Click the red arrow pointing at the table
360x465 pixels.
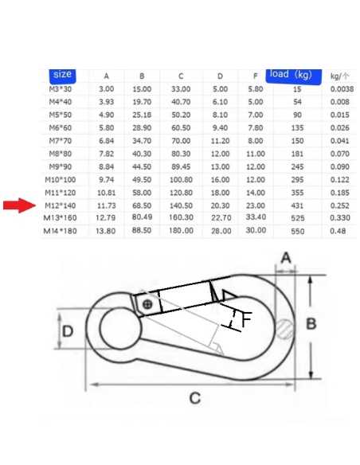tap(19, 205)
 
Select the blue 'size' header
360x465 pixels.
tap(62, 76)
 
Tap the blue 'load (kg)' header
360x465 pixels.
tap(293, 76)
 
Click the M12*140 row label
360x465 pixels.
tap(61, 205)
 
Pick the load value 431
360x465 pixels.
tap(297, 205)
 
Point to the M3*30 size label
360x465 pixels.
tap(61, 89)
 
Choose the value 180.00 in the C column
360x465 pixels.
tap(181, 230)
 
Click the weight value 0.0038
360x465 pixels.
tap(342, 89)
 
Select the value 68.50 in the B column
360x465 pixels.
tap(142, 205)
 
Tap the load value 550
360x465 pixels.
tap(297, 231)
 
